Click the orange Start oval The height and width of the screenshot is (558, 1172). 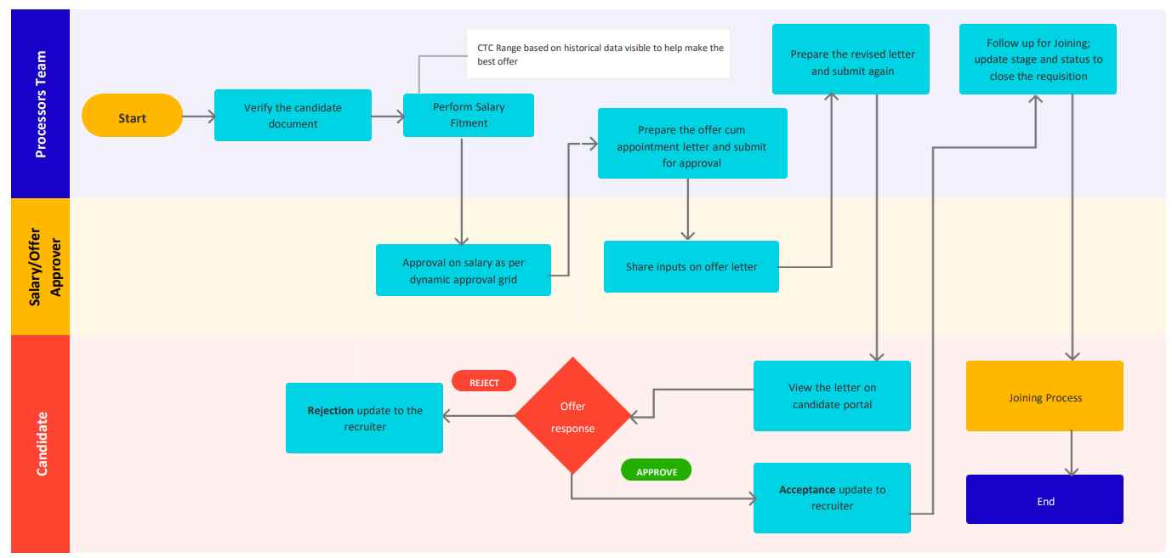132,116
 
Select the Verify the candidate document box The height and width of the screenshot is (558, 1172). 293,116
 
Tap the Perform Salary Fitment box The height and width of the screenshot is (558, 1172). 468,115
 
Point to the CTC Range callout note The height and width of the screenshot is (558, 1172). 598,54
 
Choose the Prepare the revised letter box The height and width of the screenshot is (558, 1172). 851,59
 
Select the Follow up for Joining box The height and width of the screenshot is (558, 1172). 1037,59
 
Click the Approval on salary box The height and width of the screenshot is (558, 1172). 463,270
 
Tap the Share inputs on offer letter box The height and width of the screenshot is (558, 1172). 691,267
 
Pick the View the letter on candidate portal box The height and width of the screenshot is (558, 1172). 831,396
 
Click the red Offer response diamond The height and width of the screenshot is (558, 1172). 572,416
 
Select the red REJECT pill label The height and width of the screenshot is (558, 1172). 484,381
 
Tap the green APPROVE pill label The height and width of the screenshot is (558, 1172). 656,470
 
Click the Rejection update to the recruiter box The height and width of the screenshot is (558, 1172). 364,418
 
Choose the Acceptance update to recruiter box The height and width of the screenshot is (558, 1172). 831,498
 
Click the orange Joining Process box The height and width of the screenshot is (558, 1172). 1044,396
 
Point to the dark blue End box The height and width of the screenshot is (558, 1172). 1044,499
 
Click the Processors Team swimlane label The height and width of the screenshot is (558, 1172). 40,104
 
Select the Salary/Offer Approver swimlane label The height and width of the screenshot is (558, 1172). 40,266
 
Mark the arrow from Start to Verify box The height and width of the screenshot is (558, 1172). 198,116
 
